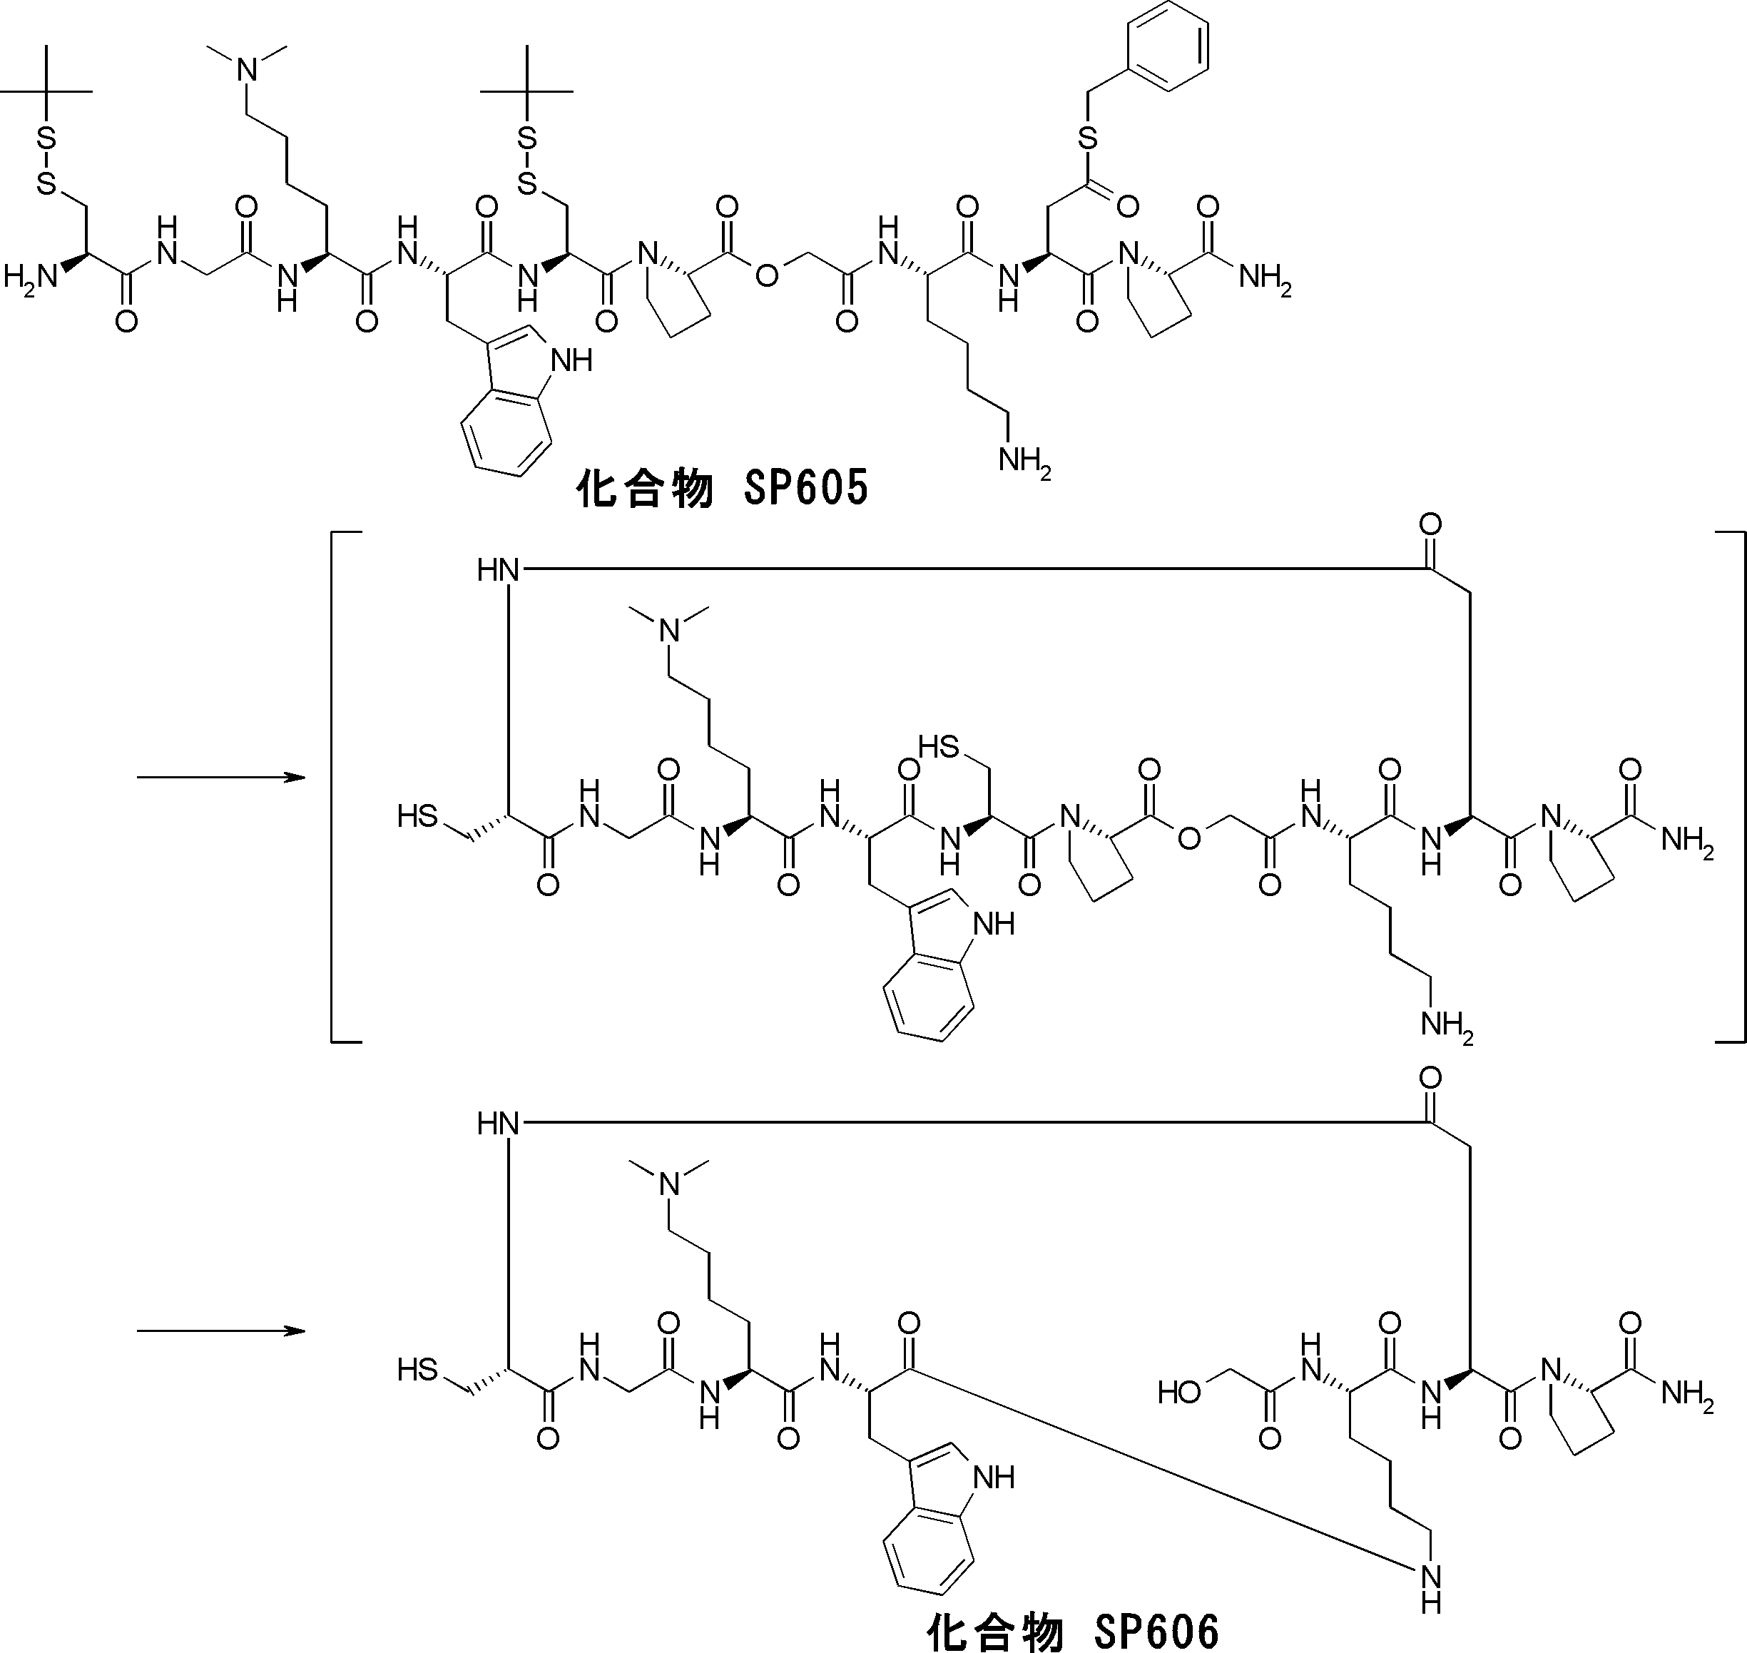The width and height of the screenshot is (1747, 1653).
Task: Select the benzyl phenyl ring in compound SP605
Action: (1168, 46)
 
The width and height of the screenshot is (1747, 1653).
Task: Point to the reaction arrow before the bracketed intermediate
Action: (220, 777)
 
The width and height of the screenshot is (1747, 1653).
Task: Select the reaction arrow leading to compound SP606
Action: (220, 1331)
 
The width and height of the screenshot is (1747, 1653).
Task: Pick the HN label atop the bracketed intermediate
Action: (498, 570)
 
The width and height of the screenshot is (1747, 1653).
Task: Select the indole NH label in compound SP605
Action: (570, 360)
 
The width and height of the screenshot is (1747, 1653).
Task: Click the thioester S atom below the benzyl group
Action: (1088, 138)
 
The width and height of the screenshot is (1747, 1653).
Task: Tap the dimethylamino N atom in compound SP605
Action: (248, 68)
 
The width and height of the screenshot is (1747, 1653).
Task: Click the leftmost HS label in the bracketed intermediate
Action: (417, 816)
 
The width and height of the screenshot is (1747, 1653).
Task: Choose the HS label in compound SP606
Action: (417, 1369)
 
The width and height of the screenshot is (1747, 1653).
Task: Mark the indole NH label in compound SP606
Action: (993, 1477)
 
